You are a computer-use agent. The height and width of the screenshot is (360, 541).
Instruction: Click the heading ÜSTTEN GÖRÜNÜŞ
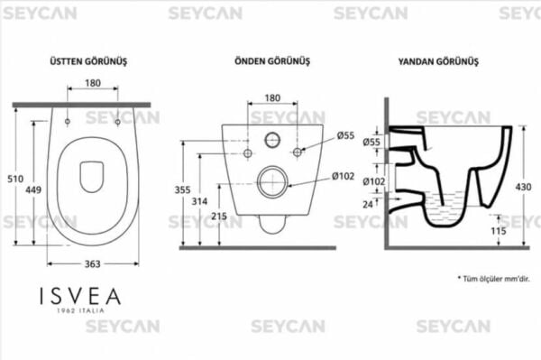88,61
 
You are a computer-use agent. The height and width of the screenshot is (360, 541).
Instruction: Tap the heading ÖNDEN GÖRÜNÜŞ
272,61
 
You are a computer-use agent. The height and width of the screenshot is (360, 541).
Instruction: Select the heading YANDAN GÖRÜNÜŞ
438,61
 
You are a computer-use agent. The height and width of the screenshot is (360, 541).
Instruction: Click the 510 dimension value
15,179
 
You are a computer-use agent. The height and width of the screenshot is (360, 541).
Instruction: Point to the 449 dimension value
33,189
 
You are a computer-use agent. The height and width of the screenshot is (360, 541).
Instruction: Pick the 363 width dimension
93,264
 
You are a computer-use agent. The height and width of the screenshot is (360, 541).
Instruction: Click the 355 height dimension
182,189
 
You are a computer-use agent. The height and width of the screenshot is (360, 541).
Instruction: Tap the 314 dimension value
200,201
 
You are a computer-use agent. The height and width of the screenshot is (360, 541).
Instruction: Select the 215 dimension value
219,217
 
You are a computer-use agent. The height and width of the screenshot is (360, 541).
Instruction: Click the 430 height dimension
523,187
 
